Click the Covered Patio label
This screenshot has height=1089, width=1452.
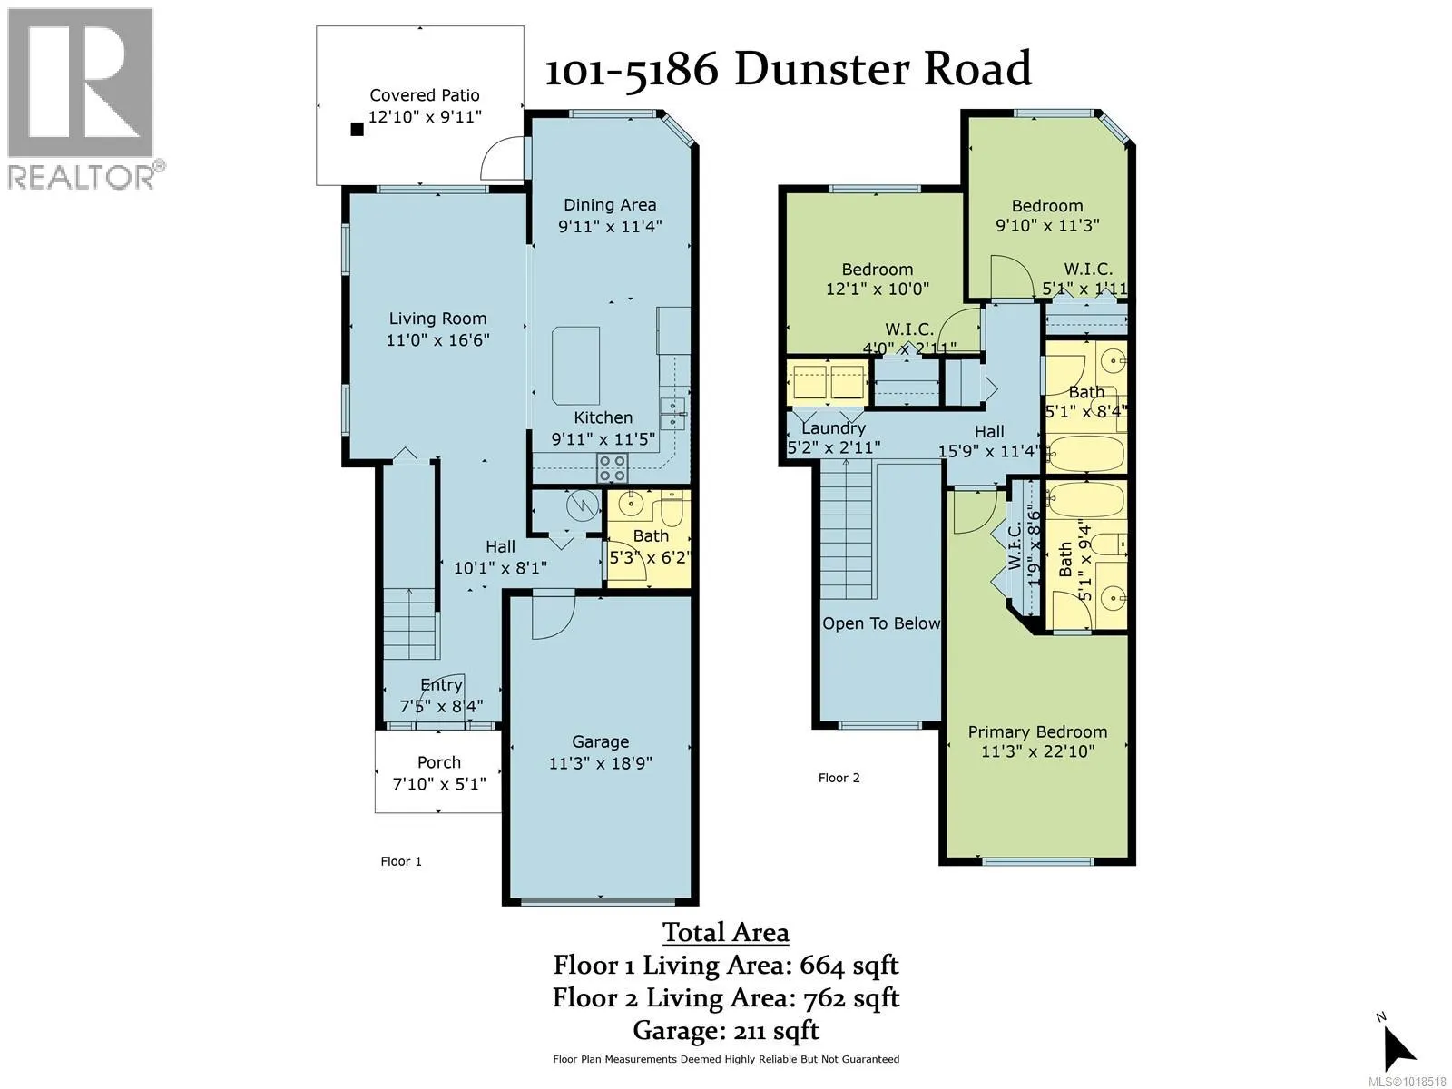[x=424, y=95]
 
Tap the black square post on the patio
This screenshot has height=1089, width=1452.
[x=357, y=130]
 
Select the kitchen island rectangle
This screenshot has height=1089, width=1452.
[x=575, y=366]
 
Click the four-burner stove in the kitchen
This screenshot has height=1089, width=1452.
[x=612, y=468]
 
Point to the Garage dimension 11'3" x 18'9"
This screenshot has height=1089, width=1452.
[x=600, y=763]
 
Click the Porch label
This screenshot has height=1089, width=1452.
[x=439, y=762]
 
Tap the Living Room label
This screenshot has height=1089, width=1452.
[x=437, y=319]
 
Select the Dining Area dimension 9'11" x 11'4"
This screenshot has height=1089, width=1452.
[x=609, y=226]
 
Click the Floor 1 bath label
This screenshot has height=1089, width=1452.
[x=651, y=535]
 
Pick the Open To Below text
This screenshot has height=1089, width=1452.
[x=880, y=623]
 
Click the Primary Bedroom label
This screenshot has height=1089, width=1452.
[x=1037, y=731]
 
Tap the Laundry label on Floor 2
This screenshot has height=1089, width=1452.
[x=833, y=428]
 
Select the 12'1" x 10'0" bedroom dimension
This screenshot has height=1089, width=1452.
[x=877, y=289]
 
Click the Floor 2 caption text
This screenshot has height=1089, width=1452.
[x=839, y=778]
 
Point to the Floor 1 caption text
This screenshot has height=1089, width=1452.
[x=400, y=861]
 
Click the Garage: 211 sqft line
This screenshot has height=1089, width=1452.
[x=725, y=1030]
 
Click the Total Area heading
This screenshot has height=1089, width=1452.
[x=725, y=932]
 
